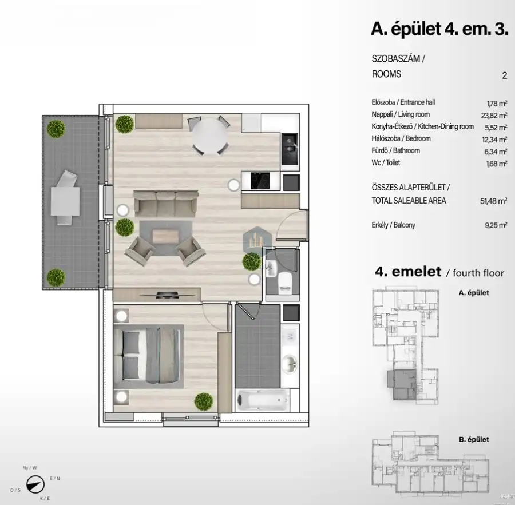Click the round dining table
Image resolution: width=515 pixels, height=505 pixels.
tap(209, 136)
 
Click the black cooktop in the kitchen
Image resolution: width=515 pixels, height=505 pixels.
tap(257, 181)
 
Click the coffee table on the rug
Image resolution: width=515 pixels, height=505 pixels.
tap(165, 236)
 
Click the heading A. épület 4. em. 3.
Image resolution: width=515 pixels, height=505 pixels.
tap(439, 29)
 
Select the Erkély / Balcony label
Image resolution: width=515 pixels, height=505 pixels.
tap(393, 225)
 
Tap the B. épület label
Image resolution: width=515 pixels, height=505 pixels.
tap(474, 440)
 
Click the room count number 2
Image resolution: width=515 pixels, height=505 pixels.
tap(504, 75)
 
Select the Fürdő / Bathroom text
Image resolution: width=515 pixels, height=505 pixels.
tap(395, 150)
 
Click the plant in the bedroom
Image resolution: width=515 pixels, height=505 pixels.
tap(202, 401)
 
